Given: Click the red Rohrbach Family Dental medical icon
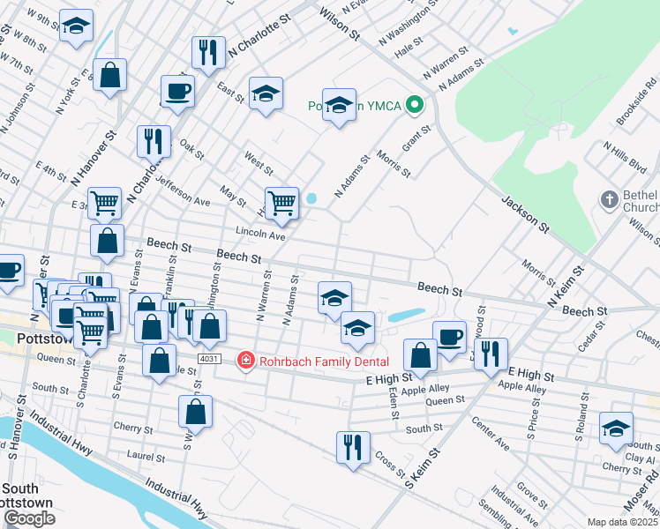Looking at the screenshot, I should coord(245,360).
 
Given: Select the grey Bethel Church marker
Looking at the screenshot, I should coord(609,200).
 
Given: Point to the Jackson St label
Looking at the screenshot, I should coord(526,215).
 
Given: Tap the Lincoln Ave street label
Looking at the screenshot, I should coord(260,235).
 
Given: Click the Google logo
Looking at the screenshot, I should coord(29,518).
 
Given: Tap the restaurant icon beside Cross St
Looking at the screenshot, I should coord(352,445).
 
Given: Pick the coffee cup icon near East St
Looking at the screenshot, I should coord(177,90).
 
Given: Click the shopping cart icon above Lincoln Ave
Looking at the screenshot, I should coord(281,202).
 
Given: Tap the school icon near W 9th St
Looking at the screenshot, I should coord(77,26).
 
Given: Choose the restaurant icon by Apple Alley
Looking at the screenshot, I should coord(491,353).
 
